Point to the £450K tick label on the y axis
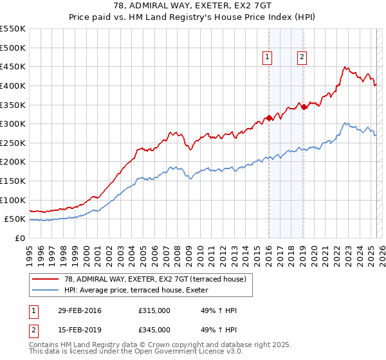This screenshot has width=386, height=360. pos(13,67)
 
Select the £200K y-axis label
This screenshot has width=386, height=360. pos(13,162)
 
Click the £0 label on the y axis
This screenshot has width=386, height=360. pos(20,239)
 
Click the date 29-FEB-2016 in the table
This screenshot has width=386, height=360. pos(79,311)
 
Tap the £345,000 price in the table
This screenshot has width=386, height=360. pos(154,330)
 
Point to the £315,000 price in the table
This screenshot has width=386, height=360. pos(154,311)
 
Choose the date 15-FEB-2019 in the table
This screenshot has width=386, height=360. pos(79,330)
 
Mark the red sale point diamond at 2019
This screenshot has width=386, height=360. pos(304,107)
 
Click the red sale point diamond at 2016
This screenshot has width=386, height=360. pos(268,118)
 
